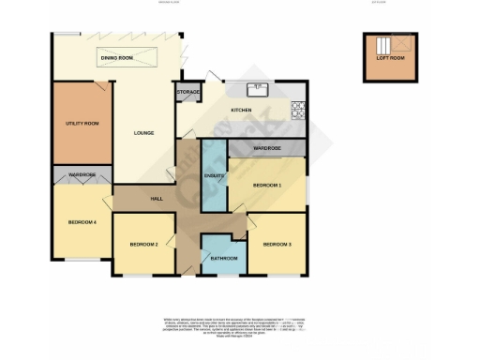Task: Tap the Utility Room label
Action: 82,123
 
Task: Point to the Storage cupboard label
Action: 188,93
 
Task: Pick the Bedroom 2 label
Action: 142,244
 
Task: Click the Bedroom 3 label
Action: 277,244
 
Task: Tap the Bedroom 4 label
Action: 82,222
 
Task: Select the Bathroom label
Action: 223,258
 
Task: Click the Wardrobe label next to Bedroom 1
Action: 267,148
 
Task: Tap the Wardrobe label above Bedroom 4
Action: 82,174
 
